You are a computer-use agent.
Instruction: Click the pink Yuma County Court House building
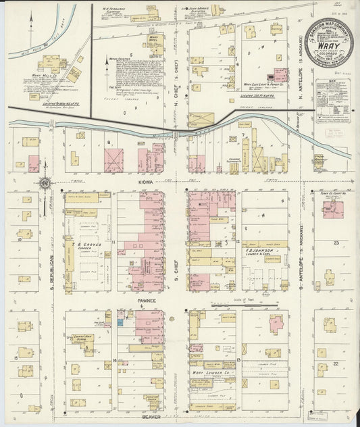(332, 209)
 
